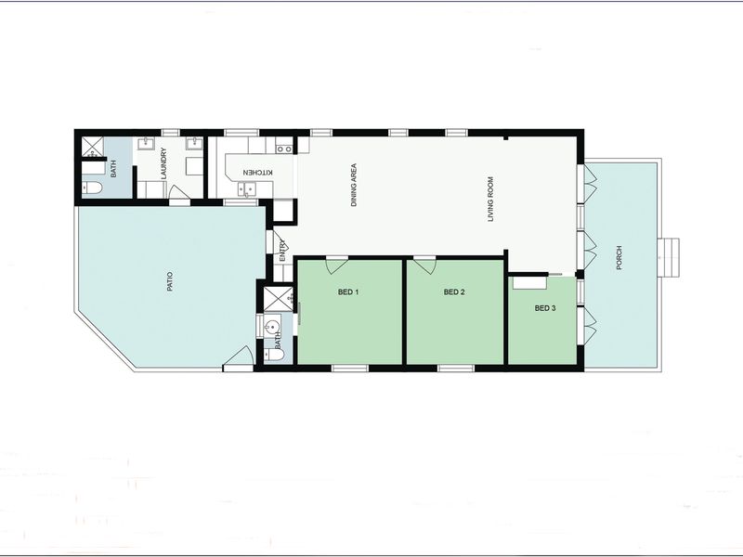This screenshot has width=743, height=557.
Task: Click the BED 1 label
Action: [347, 292]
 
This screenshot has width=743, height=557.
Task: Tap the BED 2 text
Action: [454, 292]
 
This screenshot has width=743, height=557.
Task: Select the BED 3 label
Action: [545, 308]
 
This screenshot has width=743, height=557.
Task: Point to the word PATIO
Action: [170, 281]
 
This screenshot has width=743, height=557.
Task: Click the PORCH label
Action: [619, 258]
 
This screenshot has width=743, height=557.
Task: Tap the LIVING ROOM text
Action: [490, 200]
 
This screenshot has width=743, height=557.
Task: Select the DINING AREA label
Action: [354, 185]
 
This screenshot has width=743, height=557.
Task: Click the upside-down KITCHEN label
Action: [258, 173]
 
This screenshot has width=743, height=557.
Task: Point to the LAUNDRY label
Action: [164, 163]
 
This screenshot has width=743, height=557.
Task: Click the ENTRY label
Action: [282, 251]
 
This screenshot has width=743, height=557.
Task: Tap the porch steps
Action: [668, 258]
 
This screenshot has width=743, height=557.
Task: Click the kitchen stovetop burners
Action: [284, 149]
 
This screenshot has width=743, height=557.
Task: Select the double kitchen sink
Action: [246, 190]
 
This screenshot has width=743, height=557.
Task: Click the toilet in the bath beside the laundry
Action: [92, 189]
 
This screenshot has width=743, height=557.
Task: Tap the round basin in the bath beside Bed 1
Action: [272, 327]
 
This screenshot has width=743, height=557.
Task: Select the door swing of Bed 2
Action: [424, 266]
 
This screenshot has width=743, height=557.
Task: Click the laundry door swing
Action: [179, 192]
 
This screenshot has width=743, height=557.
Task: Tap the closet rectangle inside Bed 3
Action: [529, 282]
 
